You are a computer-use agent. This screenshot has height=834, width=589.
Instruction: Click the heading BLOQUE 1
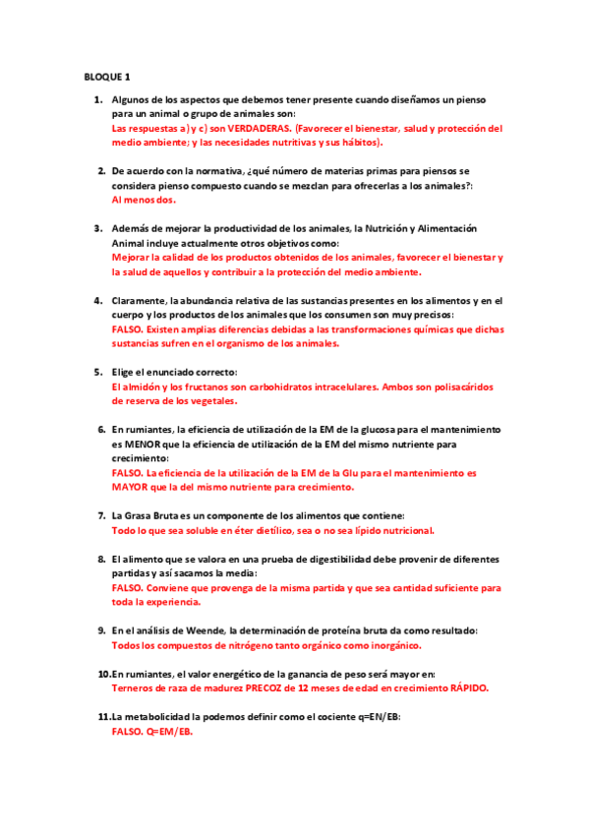106,76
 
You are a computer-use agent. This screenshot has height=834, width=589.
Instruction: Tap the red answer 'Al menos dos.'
144,200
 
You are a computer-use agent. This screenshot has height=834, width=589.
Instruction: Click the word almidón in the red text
137,387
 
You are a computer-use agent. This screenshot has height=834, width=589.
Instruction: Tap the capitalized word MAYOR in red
135,487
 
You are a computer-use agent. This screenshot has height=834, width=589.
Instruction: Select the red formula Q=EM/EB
168,732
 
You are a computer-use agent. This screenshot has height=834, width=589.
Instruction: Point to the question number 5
98,372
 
